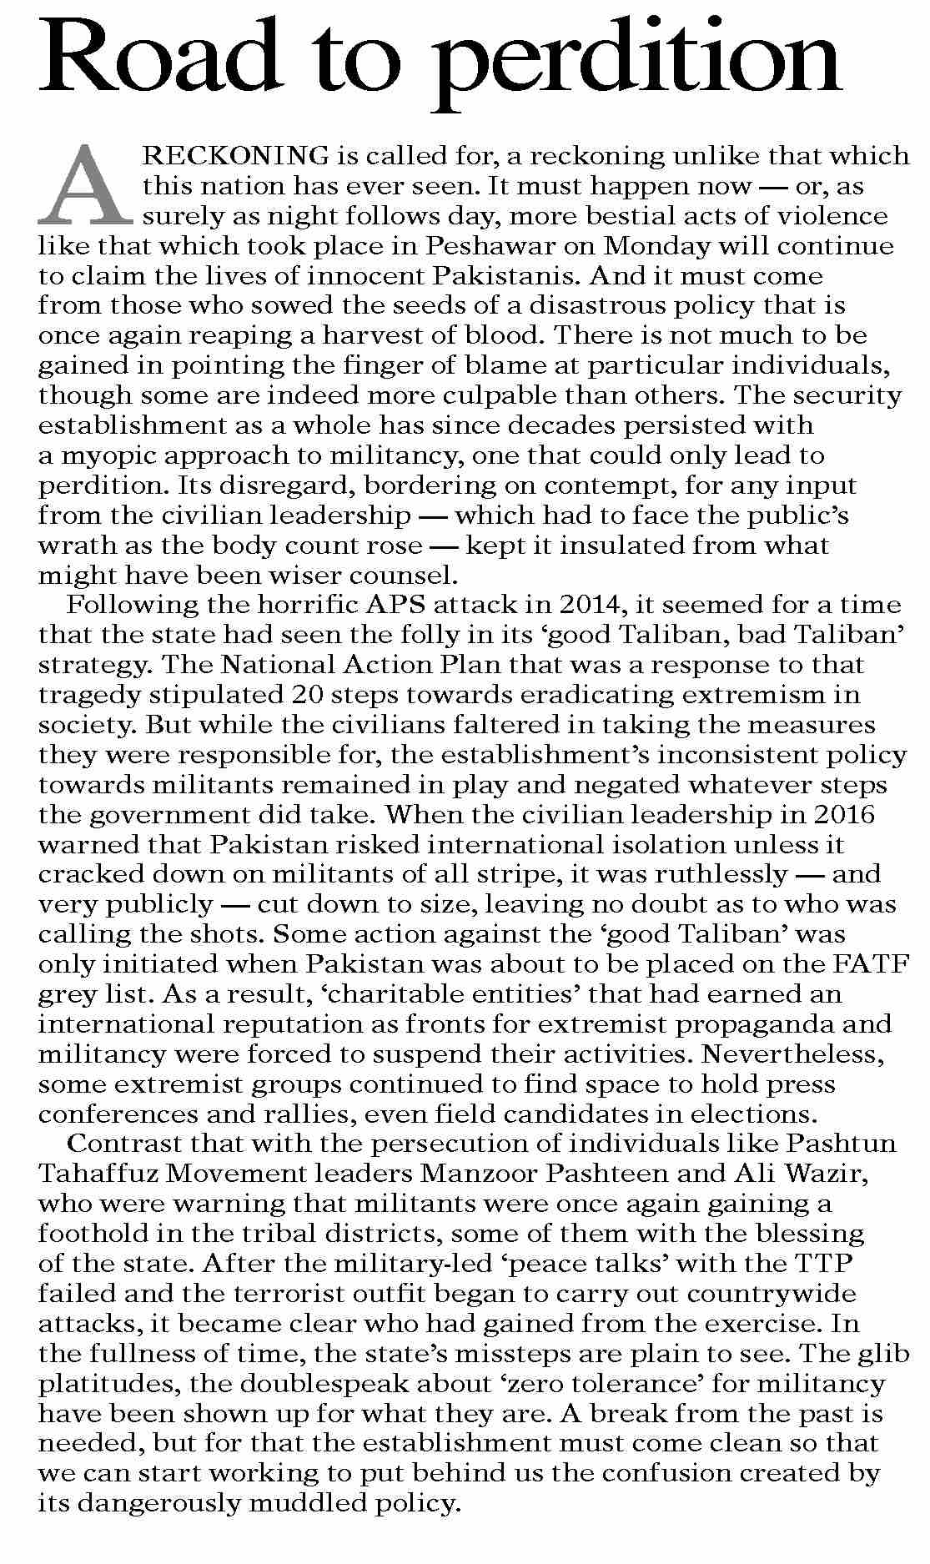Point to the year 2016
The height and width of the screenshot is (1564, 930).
coord(842,814)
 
